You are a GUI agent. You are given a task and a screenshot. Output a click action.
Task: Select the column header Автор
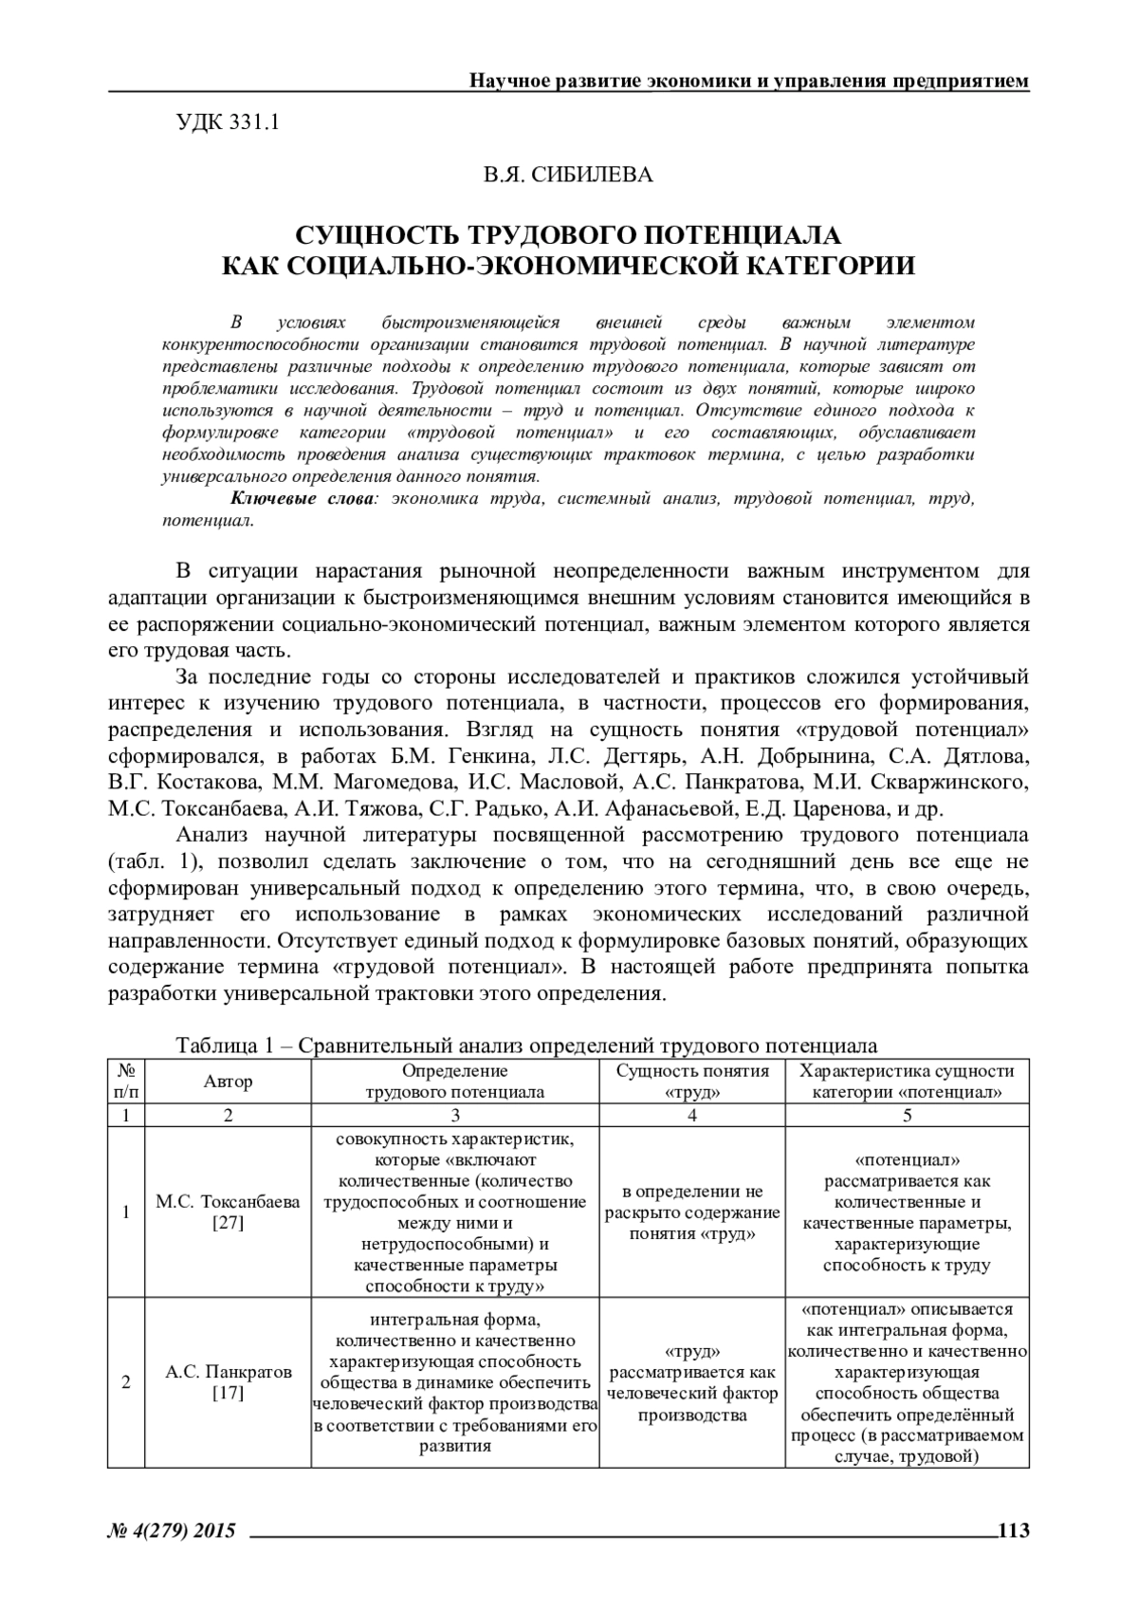[x=228, y=1082]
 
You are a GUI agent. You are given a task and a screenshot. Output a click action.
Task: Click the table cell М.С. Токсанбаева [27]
[x=228, y=1212]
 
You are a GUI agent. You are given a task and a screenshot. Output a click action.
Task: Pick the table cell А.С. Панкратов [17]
[x=228, y=1381]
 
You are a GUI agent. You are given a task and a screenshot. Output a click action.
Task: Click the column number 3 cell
[x=455, y=1116]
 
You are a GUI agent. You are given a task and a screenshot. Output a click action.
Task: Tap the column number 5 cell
[x=908, y=1116]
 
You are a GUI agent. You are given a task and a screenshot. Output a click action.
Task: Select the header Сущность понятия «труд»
[x=692, y=1082]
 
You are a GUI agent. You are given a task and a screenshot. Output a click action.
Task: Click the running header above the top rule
[x=749, y=81]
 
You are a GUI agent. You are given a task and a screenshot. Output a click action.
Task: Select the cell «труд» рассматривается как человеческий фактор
[x=692, y=1382]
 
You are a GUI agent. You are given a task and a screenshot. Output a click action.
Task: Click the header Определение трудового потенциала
[x=455, y=1082]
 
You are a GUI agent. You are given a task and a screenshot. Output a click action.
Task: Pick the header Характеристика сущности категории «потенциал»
[x=908, y=1082]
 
